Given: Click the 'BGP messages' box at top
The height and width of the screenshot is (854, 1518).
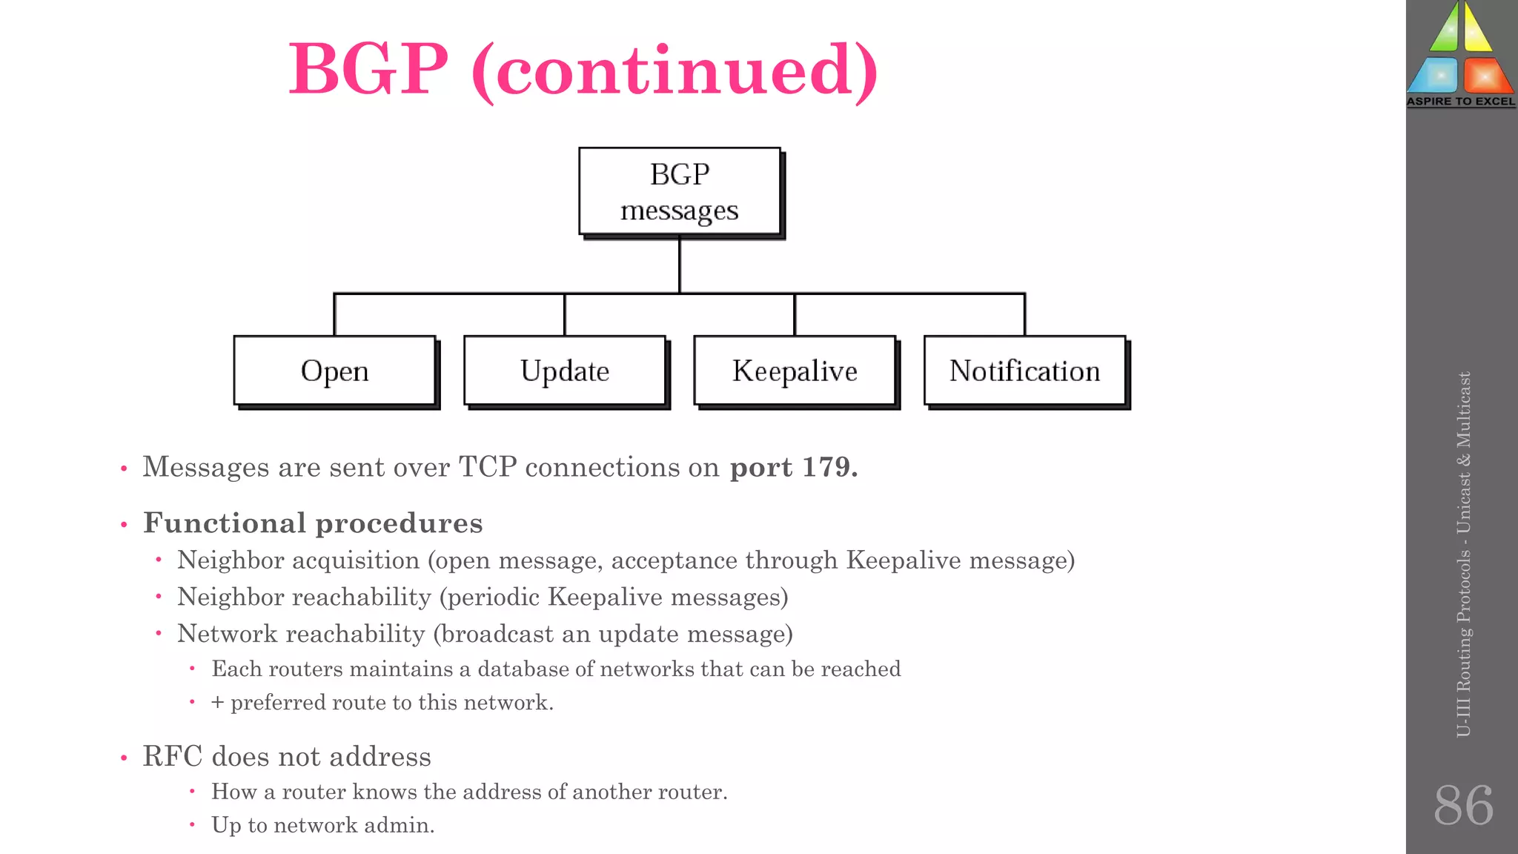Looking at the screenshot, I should tap(679, 191).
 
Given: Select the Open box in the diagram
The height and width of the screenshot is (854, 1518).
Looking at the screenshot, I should tap(334, 371).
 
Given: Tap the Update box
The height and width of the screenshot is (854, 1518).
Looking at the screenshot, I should tap(564, 371).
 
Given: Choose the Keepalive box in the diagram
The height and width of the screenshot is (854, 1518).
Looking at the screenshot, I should tap(795, 371).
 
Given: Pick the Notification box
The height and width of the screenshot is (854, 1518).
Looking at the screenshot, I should tap(1024, 371).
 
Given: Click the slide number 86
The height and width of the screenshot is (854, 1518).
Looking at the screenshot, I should tap(1462, 805).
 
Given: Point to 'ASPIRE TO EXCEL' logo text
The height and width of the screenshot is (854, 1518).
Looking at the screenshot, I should tap(1460, 102).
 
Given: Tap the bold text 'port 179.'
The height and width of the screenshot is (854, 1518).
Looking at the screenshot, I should tap(793, 467).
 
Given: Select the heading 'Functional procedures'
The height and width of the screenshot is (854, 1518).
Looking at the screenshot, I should tap(313, 523).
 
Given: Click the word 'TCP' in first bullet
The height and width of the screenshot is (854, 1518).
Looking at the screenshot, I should tap(487, 467).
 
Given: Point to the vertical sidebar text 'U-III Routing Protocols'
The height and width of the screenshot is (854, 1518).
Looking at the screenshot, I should tap(1463, 652).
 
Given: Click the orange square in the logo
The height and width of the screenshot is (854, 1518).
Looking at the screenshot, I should tap(1485, 75).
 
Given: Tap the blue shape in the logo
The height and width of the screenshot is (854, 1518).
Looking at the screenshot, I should tap(1434, 75).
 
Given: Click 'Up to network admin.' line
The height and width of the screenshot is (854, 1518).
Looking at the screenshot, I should tap(322, 825).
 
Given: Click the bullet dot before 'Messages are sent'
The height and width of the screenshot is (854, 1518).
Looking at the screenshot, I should tap(124, 469).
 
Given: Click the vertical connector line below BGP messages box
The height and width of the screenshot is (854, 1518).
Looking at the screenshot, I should tap(679, 265).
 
